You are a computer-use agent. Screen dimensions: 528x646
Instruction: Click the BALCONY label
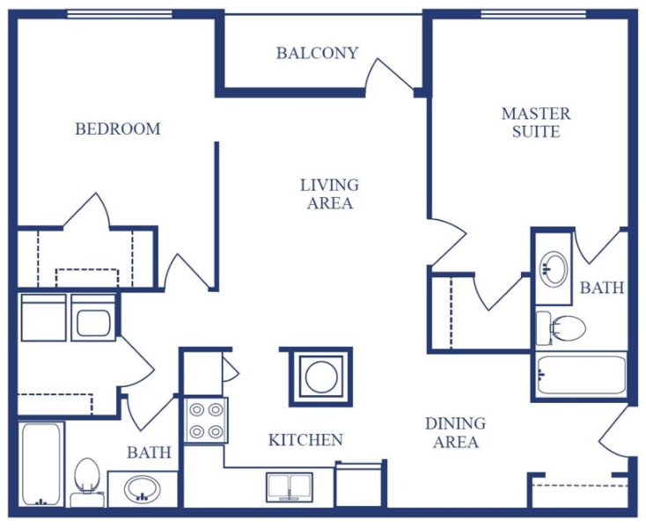[x=317, y=53]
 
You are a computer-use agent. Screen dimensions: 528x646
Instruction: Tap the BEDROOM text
[x=118, y=128]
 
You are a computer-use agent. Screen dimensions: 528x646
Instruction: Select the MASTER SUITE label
[x=535, y=122]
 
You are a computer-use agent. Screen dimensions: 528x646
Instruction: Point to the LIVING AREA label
[x=329, y=194]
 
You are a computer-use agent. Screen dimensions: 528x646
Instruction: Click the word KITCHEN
[x=305, y=440]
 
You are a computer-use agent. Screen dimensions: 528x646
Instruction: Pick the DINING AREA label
[x=455, y=433]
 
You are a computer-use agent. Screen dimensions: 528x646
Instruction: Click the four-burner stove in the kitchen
[x=206, y=421]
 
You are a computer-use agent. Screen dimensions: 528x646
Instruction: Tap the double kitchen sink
[x=290, y=488]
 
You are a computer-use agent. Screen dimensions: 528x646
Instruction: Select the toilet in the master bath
[x=564, y=328]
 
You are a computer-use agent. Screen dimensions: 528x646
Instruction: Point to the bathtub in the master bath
[x=581, y=374]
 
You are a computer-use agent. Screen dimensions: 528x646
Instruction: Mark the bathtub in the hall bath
[x=40, y=465]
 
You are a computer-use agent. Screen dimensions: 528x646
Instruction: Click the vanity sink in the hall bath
[x=141, y=489]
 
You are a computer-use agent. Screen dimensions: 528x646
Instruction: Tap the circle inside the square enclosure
[x=317, y=377]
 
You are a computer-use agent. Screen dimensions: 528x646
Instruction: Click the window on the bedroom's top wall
[x=106, y=13]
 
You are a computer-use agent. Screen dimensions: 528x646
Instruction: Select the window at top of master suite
[x=533, y=13]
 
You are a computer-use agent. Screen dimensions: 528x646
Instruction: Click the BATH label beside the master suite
[x=602, y=288]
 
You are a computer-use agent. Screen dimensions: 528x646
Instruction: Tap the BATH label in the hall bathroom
[x=149, y=453]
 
